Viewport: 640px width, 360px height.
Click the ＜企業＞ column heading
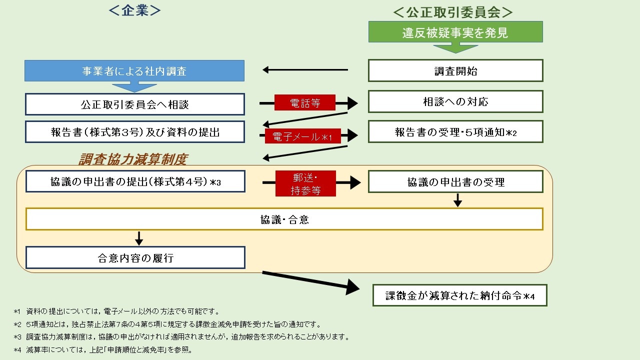point(135,11)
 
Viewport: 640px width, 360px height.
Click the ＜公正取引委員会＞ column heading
point(453,12)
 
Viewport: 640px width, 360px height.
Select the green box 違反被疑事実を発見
point(455,32)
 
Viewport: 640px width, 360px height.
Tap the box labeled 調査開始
point(455,71)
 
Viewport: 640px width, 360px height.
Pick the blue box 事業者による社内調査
point(134,71)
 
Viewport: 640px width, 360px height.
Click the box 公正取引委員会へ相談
point(135,104)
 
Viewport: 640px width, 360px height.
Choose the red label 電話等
point(304,103)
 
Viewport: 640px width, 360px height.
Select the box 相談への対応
point(455,101)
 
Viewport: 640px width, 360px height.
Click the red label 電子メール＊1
point(303,136)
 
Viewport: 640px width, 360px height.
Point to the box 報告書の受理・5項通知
point(455,132)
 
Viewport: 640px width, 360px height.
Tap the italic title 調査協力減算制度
point(132,159)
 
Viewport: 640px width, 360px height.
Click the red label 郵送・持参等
point(305,183)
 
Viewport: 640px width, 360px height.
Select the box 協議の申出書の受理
point(455,182)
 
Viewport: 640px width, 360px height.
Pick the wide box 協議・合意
point(284,219)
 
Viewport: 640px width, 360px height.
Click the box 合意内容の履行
point(135,257)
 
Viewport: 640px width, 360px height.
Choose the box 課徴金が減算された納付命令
point(460,295)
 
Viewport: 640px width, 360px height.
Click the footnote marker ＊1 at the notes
point(17,311)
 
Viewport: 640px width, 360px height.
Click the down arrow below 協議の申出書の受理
point(457,200)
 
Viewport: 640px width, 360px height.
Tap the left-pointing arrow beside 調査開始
point(305,70)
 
